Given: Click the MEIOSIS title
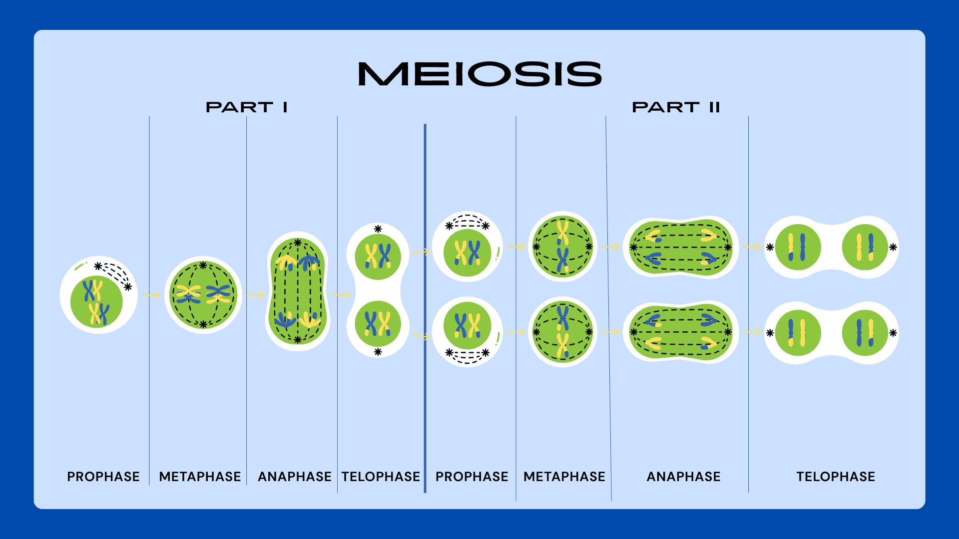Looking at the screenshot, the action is click(480, 74).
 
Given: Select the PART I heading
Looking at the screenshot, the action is click(247, 107).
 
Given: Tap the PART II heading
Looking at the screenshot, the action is click(676, 107).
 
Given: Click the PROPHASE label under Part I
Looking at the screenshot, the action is click(103, 477).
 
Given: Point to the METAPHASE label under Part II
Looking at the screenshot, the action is click(564, 477).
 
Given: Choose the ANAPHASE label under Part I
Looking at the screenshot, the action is click(295, 477).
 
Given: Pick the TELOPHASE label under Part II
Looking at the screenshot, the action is click(836, 477).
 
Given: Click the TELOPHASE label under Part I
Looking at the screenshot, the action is click(381, 477).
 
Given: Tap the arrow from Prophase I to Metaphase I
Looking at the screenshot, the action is click(151, 295).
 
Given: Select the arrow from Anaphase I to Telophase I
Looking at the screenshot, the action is click(341, 295).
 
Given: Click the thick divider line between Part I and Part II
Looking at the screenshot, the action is click(425, 299).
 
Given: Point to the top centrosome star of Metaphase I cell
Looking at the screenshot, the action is click(203, 266).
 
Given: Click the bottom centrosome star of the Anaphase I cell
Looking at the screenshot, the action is click(298, 340).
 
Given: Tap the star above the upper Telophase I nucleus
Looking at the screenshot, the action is click(378, 229).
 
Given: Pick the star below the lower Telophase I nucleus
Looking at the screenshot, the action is click(378, 352).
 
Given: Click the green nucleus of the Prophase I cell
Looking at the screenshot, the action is click(96, 302).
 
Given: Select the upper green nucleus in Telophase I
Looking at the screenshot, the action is click(378, 257).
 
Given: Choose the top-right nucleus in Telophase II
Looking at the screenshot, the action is click(865, 247).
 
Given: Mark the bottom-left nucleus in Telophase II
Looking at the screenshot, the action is click(798, 333).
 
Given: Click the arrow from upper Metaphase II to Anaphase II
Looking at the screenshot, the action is click(610, 247).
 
